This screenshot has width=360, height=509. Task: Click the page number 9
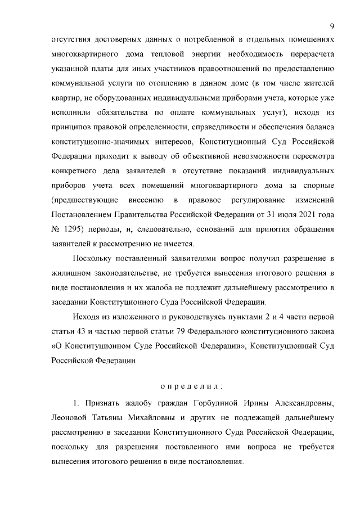click(332, 26)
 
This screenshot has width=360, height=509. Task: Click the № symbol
click(56, 229)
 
